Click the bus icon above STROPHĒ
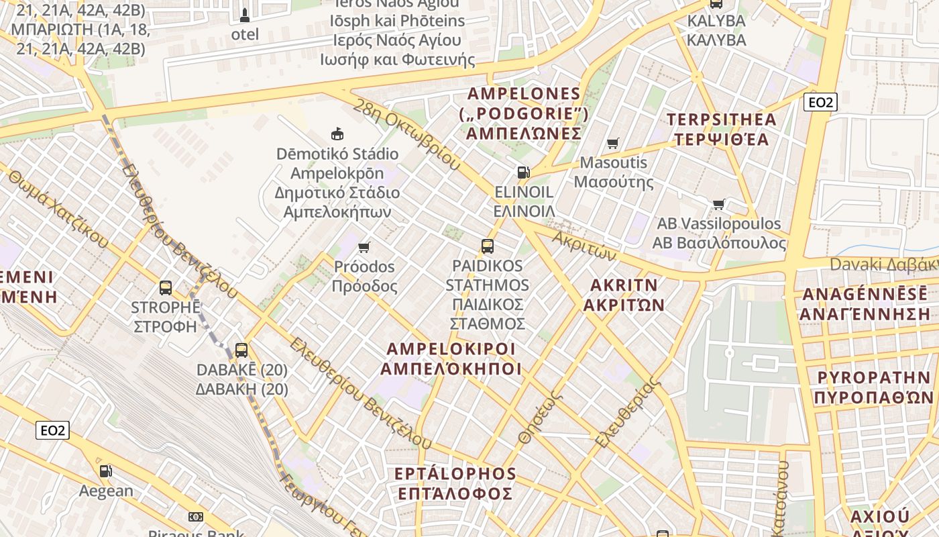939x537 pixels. tap(166, 288)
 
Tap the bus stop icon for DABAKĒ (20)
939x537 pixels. tap(241, 350)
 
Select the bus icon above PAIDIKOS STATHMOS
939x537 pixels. tap(488, 246)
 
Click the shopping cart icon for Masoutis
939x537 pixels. tap(612, 143)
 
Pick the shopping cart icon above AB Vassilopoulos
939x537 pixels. tap(719, 204)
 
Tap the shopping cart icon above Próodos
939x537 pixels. tap(364, 247)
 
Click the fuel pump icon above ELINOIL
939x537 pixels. tap(523, 173)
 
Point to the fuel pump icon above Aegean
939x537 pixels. tap(106, 471)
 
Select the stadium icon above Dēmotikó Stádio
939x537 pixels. tap(337, 134)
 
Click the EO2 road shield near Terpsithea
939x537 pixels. tap(820, 102)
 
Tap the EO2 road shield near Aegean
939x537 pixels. tap(52, 430)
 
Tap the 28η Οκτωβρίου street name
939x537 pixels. tap(406, 135)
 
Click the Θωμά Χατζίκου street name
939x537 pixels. tap(58, 207)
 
